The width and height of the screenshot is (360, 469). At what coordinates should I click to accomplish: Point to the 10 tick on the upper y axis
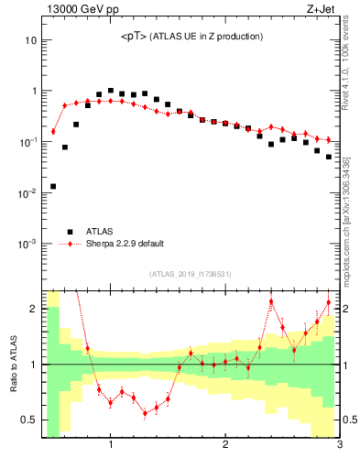29,40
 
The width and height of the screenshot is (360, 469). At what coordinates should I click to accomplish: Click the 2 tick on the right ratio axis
347,309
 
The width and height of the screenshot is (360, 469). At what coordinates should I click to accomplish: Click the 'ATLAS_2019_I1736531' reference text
191,274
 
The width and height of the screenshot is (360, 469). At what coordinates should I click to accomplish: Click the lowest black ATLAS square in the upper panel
53,186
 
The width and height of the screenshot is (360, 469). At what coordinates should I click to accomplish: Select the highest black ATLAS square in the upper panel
111,91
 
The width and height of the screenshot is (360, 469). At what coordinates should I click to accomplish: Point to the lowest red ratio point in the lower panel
145,413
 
